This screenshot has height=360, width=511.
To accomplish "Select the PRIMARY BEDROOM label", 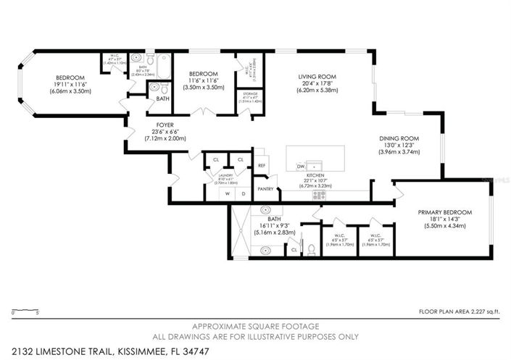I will point(445,212).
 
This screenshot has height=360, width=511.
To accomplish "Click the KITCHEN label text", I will point(314,176).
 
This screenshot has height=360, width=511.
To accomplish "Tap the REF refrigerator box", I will point(262,166).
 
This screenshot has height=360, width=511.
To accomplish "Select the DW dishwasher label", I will point(300,167).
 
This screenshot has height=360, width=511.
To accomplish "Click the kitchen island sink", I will point(315,166).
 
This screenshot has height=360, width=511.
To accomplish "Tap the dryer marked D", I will point(244,194).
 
